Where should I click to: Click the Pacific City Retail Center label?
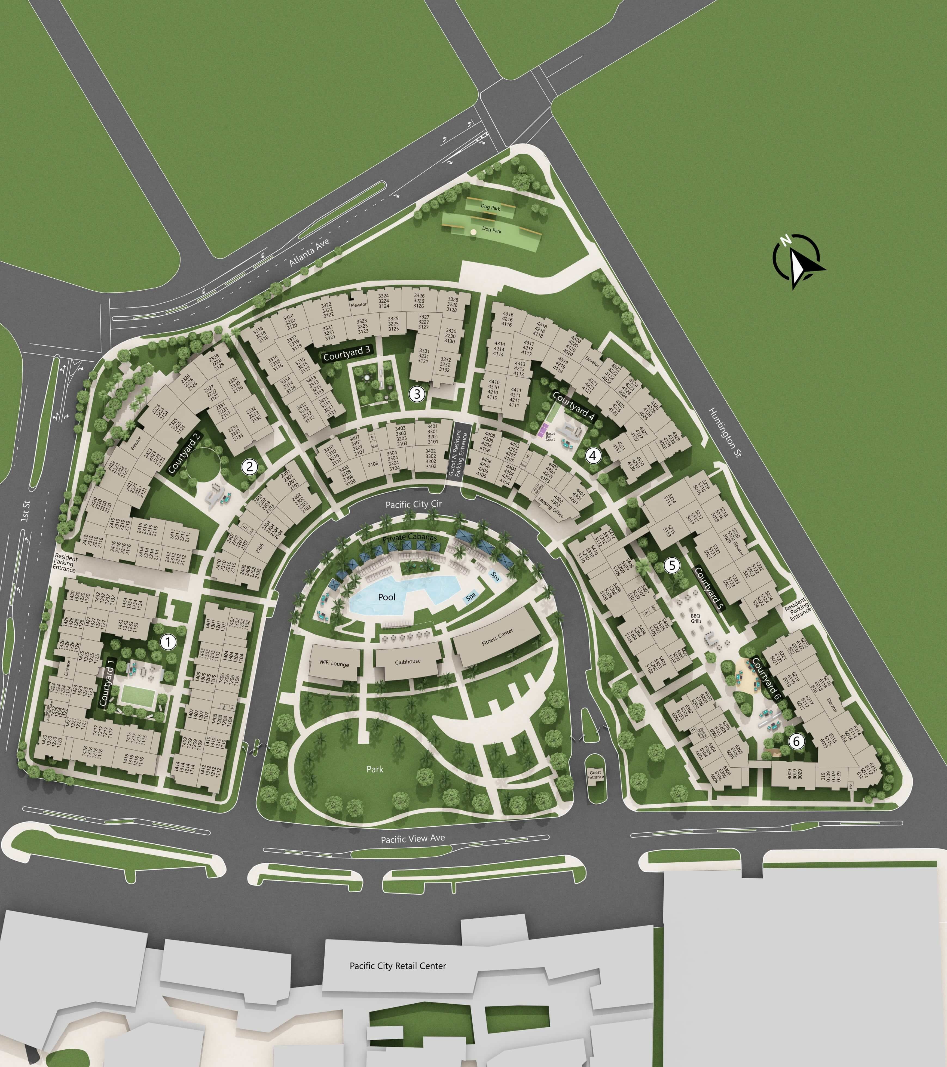(x=398, y=966)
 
